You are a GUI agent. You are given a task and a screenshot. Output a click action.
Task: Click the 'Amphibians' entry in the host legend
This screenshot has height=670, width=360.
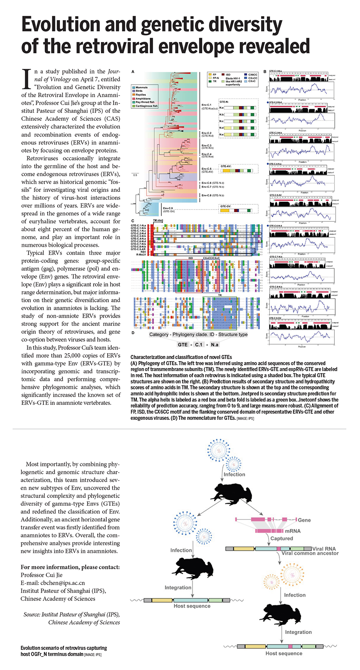pyautogui.click(x=143, y=99)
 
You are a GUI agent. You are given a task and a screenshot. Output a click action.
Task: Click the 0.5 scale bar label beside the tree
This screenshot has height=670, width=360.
pyautogui.click(x=135, y=175)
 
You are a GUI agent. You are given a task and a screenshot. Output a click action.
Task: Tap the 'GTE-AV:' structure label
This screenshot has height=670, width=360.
pyautogui.click(x=226, y=166)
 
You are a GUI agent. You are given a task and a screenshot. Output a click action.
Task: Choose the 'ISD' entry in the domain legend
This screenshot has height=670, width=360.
pyautogui.click(x=228, y=75)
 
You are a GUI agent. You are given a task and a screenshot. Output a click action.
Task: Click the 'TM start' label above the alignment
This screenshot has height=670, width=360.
pyautogui.click(x=158, y=220)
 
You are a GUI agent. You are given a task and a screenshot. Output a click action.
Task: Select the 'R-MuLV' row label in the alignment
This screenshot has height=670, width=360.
pyautogui.click(x=140, y=254)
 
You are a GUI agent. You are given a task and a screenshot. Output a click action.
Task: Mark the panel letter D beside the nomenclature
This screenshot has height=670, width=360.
pyautogui.click(x=133, y=333)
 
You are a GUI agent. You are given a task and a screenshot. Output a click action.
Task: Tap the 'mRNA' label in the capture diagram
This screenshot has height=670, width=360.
pyautogui.click(x=293, y=531)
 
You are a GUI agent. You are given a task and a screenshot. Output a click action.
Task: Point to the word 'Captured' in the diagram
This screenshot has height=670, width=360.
pyautogui.click(x=281, y=538)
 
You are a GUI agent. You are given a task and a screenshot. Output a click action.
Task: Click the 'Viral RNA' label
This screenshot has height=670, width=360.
pyautogui.click(x=324, y=548)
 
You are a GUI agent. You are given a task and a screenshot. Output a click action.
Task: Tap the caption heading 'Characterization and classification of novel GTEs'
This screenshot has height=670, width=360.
pyautogui.click(x=181, y=357)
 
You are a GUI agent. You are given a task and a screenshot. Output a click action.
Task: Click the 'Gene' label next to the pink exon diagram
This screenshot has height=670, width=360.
pyautogui.click(x=304, y=520)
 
